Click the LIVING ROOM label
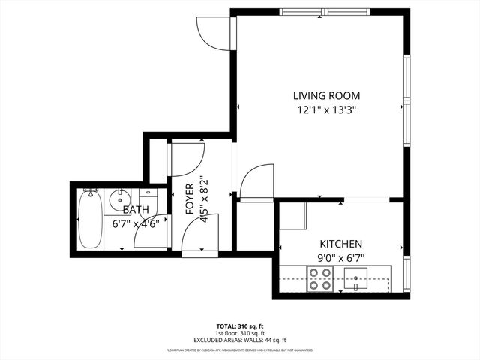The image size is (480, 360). point(326,95)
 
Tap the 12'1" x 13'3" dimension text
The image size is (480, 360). point(326,109)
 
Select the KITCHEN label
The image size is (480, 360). point(341,244)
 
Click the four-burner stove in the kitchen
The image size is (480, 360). point(320,284)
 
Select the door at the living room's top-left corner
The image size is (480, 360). point(209,28)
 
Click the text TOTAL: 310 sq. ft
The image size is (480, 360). point(240,325)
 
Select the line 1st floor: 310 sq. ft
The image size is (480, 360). point(240,332)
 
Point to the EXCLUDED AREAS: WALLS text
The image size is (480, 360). point(240,339)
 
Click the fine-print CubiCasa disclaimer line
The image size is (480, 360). point(240,349)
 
